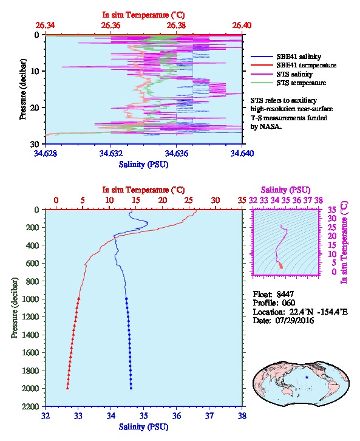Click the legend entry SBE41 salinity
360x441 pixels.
[299, 56]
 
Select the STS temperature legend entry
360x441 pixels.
[301, 83]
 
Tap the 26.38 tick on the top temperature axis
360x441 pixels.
[176, 26]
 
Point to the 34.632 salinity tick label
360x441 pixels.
[110, 153]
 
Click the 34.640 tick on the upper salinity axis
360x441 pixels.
[242, 153]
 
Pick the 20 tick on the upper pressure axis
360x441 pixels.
[35, 108]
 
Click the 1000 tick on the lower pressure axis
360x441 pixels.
[30, 299]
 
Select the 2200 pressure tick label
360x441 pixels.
[30, 406]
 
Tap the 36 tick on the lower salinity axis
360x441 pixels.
[177, 415]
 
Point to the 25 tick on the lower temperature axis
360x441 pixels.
[189, 200]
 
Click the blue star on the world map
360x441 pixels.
[307, 377]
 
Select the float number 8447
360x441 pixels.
[285, 294]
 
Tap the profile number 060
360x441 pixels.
[288, 303]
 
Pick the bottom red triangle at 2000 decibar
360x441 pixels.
[67, 388]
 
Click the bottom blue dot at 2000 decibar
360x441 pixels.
[131, 388]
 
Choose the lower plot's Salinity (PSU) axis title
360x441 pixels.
[144, 427]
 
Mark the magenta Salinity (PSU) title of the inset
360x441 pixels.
[285, 190]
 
